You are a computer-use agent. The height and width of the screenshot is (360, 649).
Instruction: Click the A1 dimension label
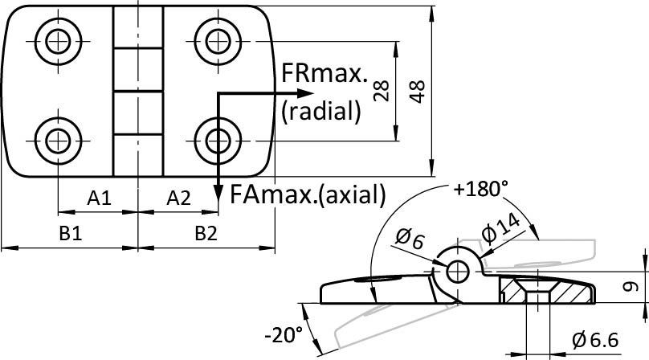98,198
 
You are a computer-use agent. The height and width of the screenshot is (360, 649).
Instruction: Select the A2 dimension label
178,198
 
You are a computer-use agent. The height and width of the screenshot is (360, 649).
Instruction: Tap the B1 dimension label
70,233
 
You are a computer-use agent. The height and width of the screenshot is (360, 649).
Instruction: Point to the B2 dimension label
207,233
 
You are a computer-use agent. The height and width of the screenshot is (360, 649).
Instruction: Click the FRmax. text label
324,76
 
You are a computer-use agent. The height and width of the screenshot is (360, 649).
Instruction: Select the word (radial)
320,111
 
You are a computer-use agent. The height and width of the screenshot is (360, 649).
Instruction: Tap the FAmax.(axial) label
307,194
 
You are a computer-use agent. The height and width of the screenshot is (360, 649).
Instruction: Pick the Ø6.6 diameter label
595,341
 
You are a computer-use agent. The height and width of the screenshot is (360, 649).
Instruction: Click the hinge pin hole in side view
459,271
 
